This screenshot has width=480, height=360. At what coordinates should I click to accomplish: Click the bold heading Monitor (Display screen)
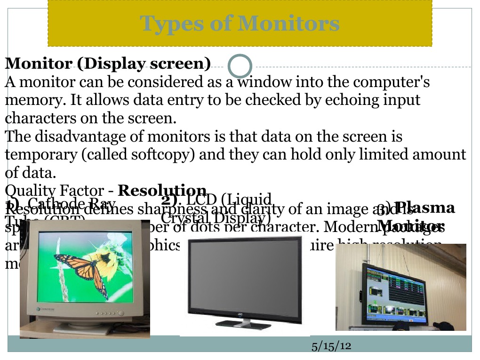coord(108,64)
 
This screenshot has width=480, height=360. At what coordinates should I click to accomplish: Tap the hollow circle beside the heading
coord(240,66)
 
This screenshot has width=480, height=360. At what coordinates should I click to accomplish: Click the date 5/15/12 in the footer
coord(332,346)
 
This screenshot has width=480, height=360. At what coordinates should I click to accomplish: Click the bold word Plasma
coord(425,208)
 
